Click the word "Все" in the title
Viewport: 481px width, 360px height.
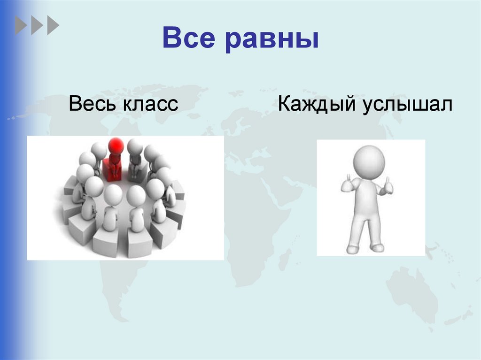(x=188, y=38)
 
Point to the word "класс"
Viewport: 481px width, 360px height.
(x=151, y=105)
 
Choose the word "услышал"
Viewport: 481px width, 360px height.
(x=407, y=105)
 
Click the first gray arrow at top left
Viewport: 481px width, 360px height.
(x=21, y=25)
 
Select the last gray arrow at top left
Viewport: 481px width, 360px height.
(x=53, y=25)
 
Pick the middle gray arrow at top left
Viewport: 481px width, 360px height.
(x=37, y=25)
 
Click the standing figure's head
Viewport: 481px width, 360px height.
(x=369, y=161)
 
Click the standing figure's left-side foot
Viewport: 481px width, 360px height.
(x=352, y=249)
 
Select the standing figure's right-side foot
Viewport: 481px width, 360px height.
(x=378, y=247)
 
